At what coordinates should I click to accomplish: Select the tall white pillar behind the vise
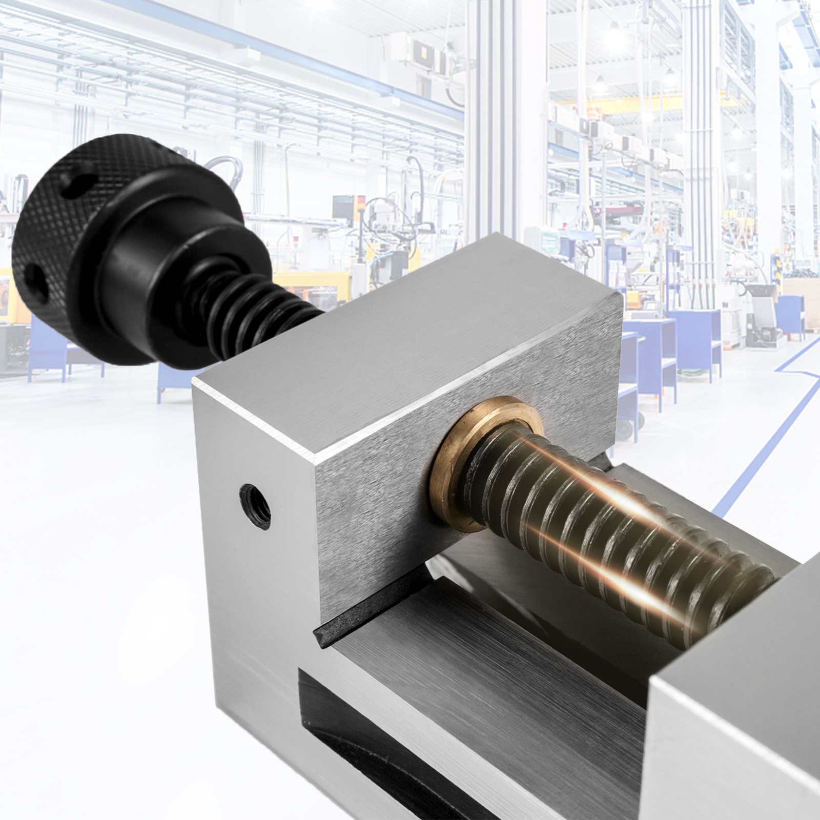pos(487,128)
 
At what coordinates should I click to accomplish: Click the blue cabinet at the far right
pos(789,318)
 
